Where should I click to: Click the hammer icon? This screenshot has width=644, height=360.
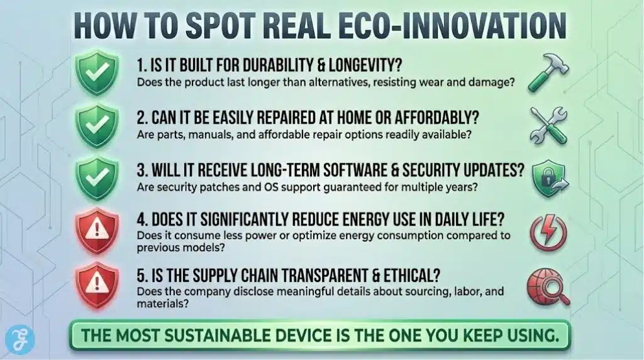[x=549, y=74]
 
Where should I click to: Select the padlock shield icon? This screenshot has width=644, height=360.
[x=549, y=179]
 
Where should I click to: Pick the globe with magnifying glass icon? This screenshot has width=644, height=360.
[x=549, y=284]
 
